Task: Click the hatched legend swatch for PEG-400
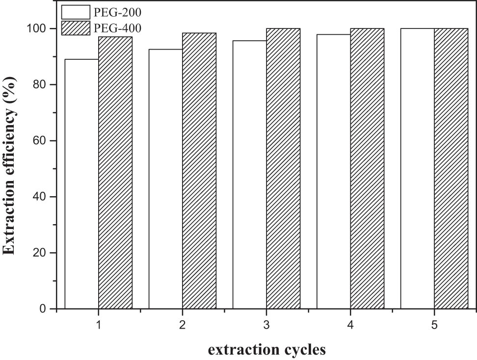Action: (76, 28)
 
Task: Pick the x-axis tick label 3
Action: (266, 325)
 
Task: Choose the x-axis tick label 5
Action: (434, 325)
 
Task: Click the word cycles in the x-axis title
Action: (304, 350)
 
